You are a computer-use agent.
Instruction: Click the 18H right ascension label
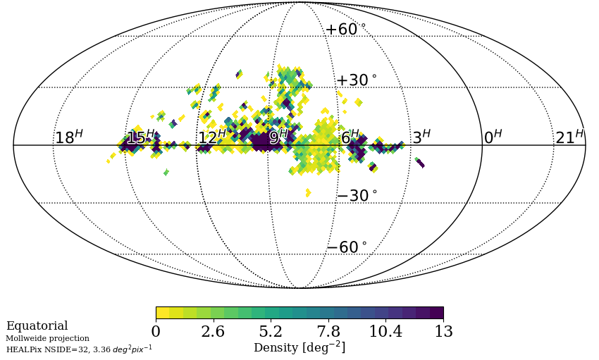(69, 137)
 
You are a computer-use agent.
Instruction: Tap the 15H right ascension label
(140, 137)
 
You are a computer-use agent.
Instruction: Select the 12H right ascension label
(212, 137)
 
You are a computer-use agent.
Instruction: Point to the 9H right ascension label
(278, 137)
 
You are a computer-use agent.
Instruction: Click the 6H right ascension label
(350, 137)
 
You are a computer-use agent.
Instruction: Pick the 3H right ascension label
(421, 137)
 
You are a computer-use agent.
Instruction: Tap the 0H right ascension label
(493, 137)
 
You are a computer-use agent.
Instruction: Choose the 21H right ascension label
(569, 137)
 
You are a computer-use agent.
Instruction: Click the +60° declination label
(345, 30)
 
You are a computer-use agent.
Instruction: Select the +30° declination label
(356, 81)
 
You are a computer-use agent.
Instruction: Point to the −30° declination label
(356, 196)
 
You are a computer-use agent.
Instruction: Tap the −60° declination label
(346, 248)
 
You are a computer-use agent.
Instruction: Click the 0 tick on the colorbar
(156, 332)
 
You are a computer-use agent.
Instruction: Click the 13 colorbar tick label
(443, 332)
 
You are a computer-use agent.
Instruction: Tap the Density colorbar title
(299, 347)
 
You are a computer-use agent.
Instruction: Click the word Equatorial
(37, 326)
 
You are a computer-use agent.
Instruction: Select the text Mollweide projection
(47, 339)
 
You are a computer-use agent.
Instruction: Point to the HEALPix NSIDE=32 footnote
(79, 349)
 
